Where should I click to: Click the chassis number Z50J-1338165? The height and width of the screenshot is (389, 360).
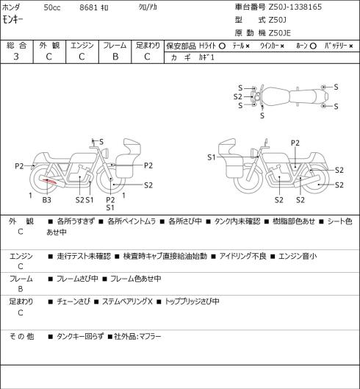pyautogui.click(x=295, y=7)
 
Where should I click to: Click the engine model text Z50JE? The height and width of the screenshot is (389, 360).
pyautogui.click(x=280, y=33)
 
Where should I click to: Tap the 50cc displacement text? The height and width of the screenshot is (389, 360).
pyautogui.click(x=52, y=7)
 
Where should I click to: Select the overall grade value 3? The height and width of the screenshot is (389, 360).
pyautogui.click(x=16, y=57)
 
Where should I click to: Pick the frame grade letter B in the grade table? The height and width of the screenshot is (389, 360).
pyautogui.click(x=115, y=57)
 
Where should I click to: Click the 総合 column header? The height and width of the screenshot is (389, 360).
pyautogui.click(x=16, y=46)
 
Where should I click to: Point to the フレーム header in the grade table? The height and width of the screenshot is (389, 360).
pyautogui.click(x=115, y=46)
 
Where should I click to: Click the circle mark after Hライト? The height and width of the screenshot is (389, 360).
pyautogui.click(x=222, y=46)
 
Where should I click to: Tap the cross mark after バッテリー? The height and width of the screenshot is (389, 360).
pyautogui.click(x=351, y=46)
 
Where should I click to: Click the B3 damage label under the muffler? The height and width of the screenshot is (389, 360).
pyautogui.click(x=46, y=200)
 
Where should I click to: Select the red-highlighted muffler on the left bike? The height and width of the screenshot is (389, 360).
pyautogui.click(x=51, y=182)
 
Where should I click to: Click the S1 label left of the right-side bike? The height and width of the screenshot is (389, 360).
pyautogui.click(x=212, y=157)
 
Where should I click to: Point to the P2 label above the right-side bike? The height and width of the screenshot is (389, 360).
pyautogui.click(x=295, y=143)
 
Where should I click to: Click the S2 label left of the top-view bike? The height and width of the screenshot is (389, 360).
pyautogui.click(x=238, y=96)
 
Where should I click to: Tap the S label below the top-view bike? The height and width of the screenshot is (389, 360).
pyautogui.click(x=262, y=115)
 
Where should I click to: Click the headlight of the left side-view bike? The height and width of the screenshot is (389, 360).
pyautogui.click(x=106, y=152)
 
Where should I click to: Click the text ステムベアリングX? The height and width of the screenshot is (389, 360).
pyautogui.click(x=127, y=301)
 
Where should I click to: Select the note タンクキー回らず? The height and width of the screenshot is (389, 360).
pyautogui.click(x=80, y=336)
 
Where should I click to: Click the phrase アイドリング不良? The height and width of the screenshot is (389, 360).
pyautogui.click(x=242, y=256)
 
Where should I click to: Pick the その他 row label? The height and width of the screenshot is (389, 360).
pyautogui.click(x=21, y=336)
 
